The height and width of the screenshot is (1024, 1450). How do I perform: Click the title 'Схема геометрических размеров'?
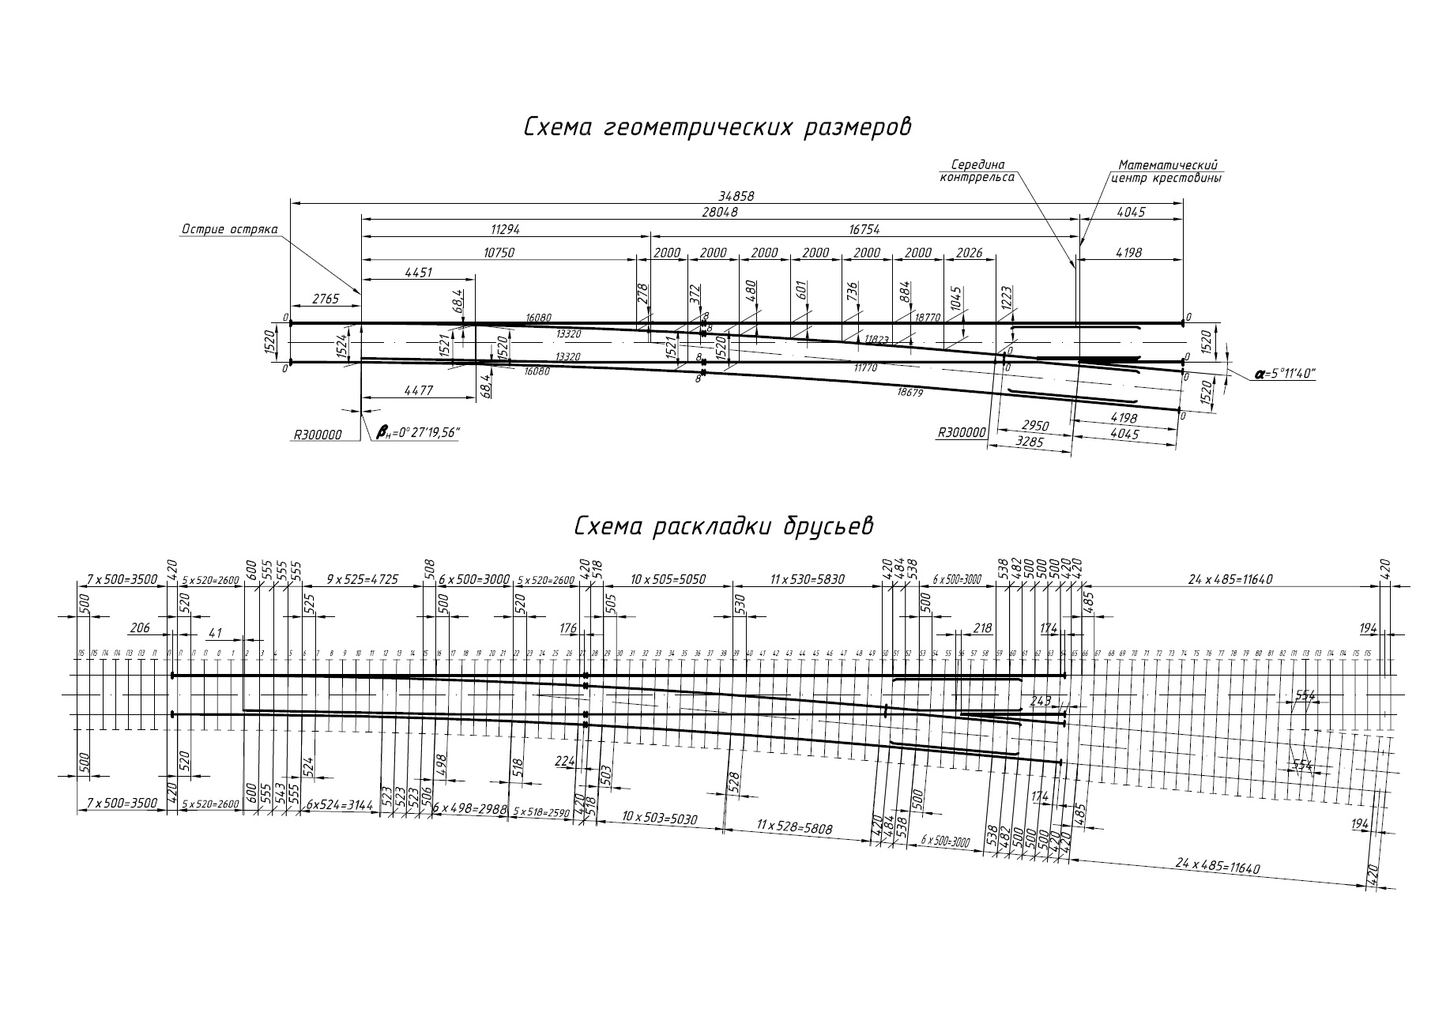pyautogui.click(x=717, y=128)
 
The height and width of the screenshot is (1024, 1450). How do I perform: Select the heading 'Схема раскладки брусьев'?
pyautogui.click(x=724, y=526)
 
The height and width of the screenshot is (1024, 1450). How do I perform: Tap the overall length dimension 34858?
pyautogui.click(x=736, y=195)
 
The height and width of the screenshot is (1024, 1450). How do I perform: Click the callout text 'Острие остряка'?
pyautogui.click(x=230, y=230)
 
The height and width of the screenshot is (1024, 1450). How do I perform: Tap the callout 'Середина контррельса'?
pyautogui.click(x=977, y=171)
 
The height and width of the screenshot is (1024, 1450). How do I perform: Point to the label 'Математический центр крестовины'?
pyautogui.click(x=1167, y=171)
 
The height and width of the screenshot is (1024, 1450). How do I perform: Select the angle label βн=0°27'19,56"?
pyautogui.click(x=418, y=432)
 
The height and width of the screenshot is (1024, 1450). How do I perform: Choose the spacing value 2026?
pyautogui.click(x=969, y=253)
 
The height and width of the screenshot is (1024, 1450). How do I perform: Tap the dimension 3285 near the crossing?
pyautogui.click(x=1029, y=442)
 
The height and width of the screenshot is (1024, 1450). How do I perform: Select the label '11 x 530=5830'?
pyautogui.click(x=807, y=580)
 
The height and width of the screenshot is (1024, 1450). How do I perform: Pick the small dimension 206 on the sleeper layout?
pyautogui.click(x=140, y=629)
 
